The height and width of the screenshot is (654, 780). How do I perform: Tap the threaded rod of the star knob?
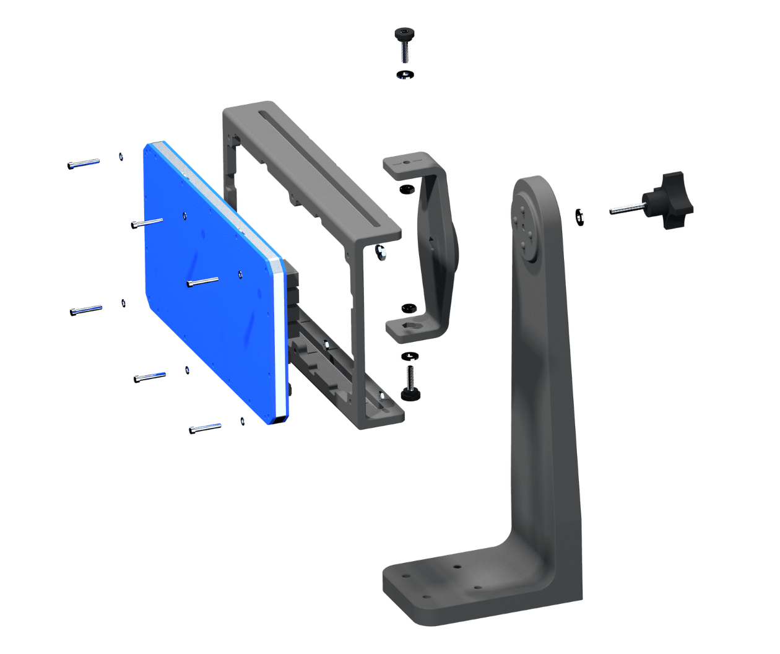625,209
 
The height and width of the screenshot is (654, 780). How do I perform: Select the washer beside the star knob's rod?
581,215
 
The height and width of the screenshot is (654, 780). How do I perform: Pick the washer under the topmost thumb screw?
405,75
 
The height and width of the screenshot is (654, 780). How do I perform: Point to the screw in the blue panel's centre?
202,282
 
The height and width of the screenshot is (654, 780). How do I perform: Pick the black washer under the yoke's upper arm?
406,188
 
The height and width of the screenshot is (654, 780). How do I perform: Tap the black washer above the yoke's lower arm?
407,307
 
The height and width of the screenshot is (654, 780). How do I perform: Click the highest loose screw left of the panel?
84,163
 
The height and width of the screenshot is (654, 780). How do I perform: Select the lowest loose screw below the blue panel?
205,427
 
